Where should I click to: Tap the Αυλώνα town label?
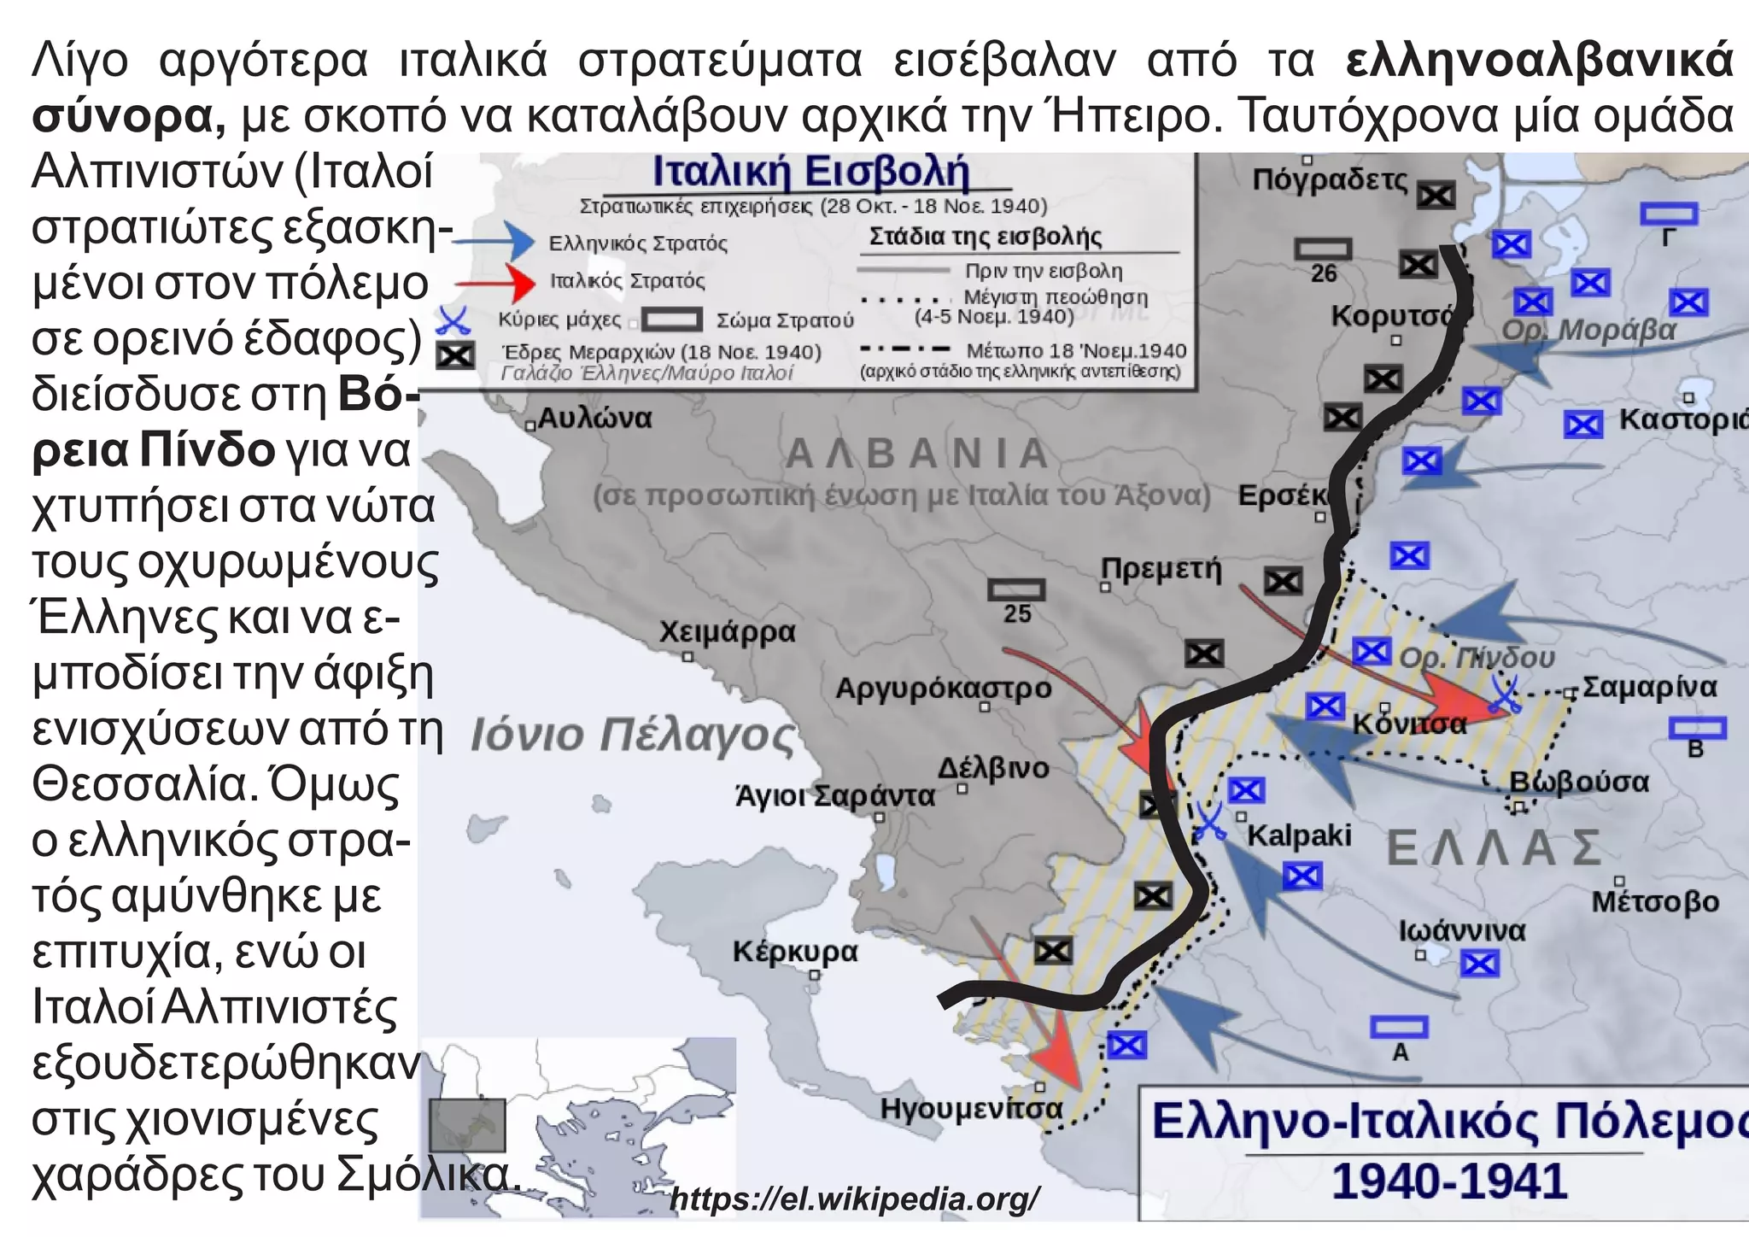(x=594, y=418)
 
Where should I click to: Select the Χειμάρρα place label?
(x=727, y=632)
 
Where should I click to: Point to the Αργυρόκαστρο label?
(x=943, y=688)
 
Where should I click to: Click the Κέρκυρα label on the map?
(x=794, y=951)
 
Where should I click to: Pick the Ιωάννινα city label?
(x=1461, y=930)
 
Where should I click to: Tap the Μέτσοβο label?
(x=1654, y=901)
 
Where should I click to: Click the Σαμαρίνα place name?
(x=1649, y=687)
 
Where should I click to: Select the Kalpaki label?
(x=1299, y=835)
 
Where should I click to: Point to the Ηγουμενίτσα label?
(x=971, y=1109)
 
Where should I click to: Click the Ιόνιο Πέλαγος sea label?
(x=632, y=735)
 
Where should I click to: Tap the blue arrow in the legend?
(x=495, y=241)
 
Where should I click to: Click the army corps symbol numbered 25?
(x=1016, y=590)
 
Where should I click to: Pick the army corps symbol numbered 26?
(x=1323, y=249)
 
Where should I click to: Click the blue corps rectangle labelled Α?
(x=1399, y=1027)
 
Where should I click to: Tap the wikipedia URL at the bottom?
(x=855, y=1199)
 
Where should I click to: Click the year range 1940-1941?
(x=1449, y=1181)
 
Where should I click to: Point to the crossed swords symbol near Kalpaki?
(x=1209, y=822)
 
